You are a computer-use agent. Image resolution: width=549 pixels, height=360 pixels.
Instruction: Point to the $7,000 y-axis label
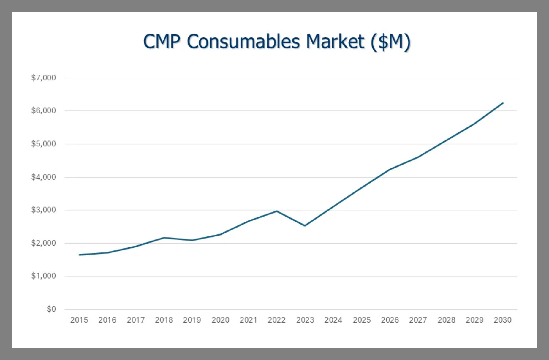point(43,78)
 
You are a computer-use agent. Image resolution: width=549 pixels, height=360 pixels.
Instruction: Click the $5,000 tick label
point(43,144)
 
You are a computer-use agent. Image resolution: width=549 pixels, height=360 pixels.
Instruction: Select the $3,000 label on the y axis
point(43,210)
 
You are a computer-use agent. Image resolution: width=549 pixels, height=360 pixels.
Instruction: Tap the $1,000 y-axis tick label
point(43,276)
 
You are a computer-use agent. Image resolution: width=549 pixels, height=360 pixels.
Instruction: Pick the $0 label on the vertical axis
point(51,309)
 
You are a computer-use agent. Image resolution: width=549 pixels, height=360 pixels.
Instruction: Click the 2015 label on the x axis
point(79,320)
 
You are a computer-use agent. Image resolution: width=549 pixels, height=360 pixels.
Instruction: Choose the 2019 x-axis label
point(192,320)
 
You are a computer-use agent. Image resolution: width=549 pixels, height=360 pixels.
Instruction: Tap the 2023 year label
point(305,320)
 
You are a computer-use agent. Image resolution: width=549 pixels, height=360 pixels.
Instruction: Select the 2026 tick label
point(390,320)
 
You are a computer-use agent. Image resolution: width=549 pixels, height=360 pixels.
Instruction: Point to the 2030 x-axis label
point(502,320)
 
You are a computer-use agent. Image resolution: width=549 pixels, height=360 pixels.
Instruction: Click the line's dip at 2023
point(305,226)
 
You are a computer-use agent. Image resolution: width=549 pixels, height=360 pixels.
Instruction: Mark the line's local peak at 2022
point(277,211)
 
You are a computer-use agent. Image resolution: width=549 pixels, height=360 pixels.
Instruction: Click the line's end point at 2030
point(503,103)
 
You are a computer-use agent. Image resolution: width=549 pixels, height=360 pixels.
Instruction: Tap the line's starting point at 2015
point(79,255)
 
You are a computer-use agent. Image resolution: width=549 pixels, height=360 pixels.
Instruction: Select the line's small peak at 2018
point(164,238)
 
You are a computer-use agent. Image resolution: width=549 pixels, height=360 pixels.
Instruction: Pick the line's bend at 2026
point(390,170)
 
